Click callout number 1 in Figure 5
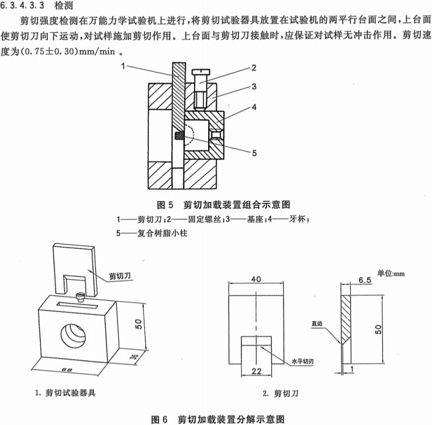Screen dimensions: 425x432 (125, 67)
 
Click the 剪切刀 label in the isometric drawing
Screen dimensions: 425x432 (120, 276)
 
